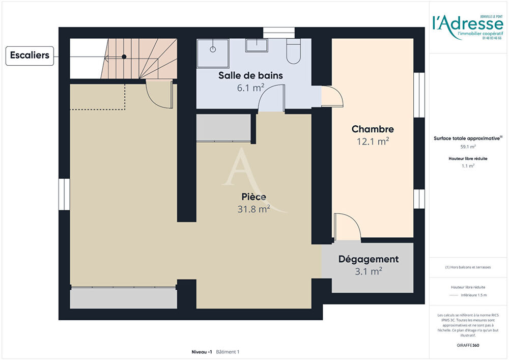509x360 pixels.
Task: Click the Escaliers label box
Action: click(x=31, y=56)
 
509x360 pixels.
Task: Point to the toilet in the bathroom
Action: click(x=293, y=51)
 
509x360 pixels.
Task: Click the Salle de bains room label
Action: click(x=250, y=75)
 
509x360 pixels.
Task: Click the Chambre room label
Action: click(x=373, y=129)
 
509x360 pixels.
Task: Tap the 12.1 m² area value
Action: click(x=373, y=142)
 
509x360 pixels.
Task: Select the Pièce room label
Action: click(x=253, y=197)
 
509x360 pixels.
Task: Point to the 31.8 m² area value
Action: click(x=253, y=209)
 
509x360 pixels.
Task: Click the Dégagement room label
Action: click(x=369, y=259)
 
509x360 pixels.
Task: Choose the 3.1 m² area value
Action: click(x=369, y=272)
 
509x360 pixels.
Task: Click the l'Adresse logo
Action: click(x=467, y=24)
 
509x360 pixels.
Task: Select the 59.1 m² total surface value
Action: click(x=468, y=147)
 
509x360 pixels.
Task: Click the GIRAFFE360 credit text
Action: click(x=468, y=345)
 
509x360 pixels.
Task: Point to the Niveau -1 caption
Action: click(x=202, y=352)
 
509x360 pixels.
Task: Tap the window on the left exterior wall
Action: click(x=64, y=193)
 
